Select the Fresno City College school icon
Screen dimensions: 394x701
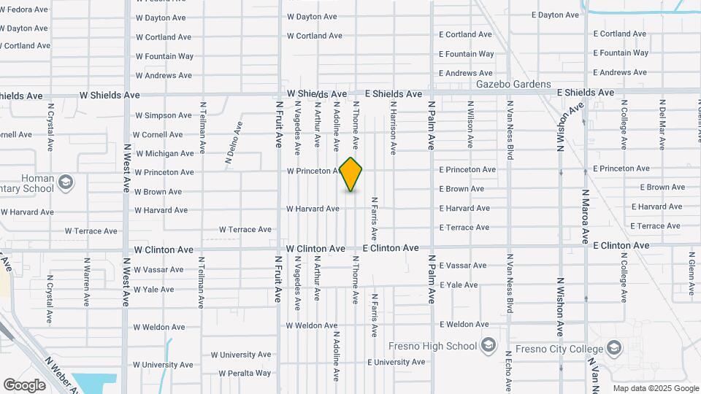(x=614, y=347)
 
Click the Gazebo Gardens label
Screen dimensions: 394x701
(x=513, y=84)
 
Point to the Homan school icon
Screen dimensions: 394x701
(x=66, y=181)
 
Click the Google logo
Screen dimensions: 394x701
(x=25, y=385)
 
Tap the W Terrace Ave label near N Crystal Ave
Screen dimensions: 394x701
(x=91, y=231)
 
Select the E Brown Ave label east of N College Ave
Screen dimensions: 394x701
(x=662, y=188)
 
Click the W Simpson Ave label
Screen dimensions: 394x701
(x=164, y=115)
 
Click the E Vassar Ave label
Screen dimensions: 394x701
(x=463, y=266)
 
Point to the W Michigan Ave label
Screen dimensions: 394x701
(x=164, y=154)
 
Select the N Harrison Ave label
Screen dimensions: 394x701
(x=393, y=128)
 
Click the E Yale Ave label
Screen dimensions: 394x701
(x=459, y=285)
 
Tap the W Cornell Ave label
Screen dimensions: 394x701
(x=159, y=135)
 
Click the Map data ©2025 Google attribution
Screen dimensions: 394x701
(x=654, y=388)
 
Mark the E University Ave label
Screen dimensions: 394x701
(x=396, y=362)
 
